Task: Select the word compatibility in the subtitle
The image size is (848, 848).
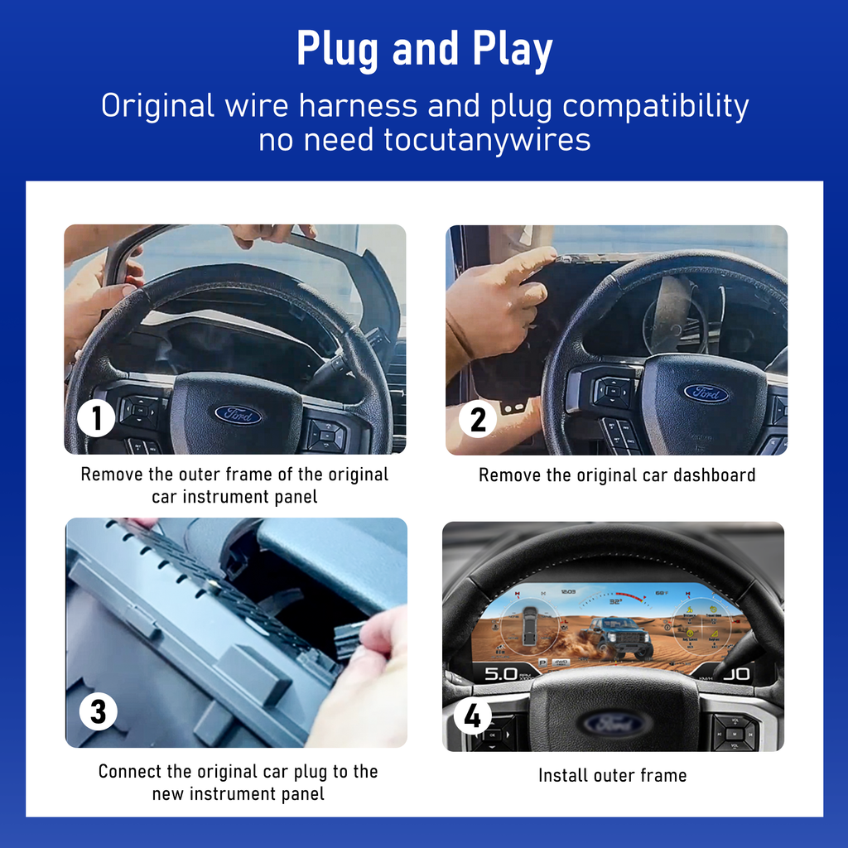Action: (656, 107)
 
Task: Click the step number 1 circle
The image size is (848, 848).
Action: (96, 418)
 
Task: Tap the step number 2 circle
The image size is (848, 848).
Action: (478, 419)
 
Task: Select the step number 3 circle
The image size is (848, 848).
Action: (98, 711)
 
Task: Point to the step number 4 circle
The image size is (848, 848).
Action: (472, 716)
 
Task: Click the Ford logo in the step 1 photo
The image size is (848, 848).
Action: (238, 415)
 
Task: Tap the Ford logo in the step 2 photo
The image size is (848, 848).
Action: (706, 393)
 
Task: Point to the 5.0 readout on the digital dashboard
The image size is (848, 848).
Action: (500, 673)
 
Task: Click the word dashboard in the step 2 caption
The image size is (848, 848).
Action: (714, 475)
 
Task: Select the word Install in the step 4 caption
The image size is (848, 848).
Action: (563, 775)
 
